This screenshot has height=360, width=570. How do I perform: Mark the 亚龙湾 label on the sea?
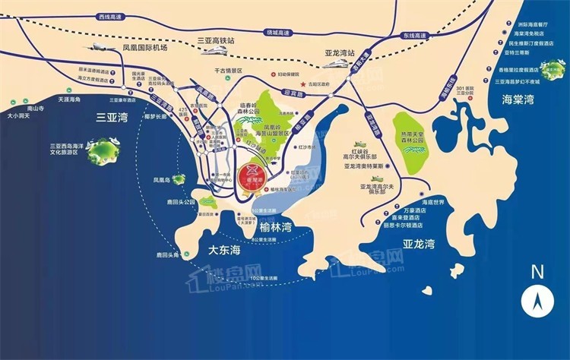point(419,245)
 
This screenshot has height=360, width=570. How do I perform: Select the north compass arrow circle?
point(537,302)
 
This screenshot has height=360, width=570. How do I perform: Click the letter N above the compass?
point(537,272)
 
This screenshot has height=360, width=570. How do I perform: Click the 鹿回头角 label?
point(163,256)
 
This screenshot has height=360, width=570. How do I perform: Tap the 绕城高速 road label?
point(278,33)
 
